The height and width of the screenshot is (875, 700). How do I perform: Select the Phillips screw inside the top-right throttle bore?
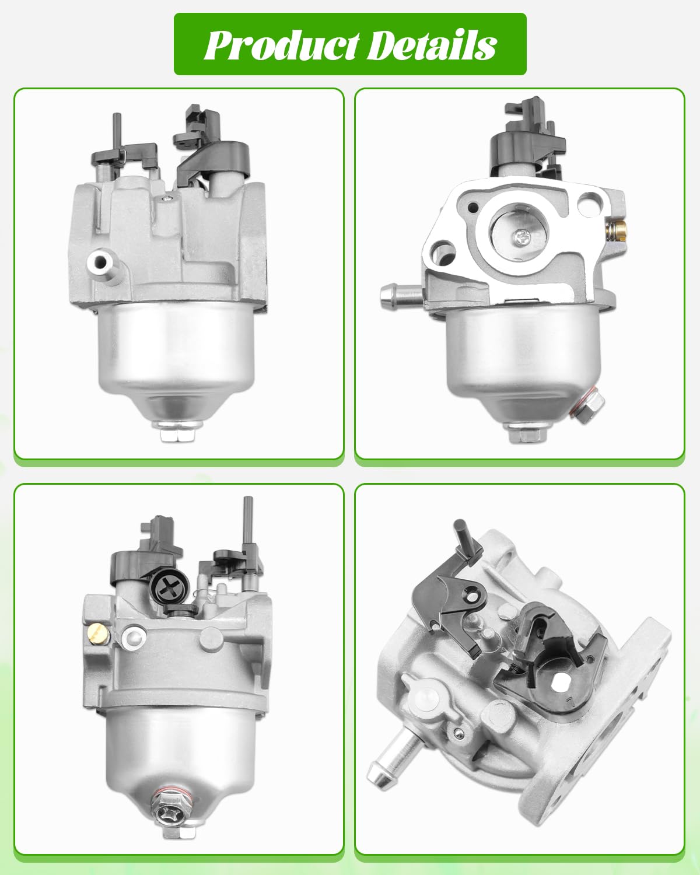point(522,236)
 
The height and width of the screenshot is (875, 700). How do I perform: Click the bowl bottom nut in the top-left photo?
point(178,432)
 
